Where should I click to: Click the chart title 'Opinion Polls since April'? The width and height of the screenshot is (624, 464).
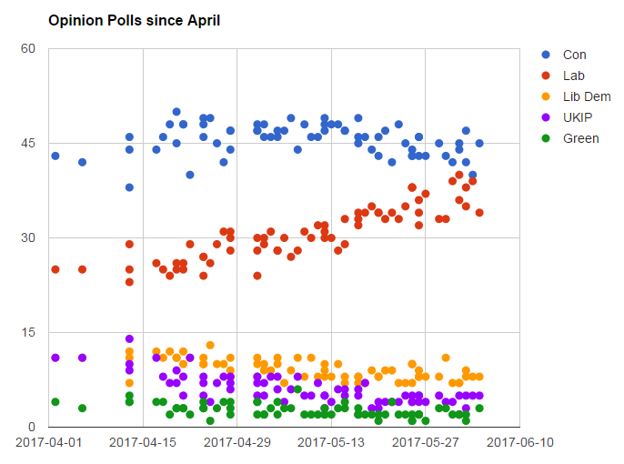[x=134, y=20]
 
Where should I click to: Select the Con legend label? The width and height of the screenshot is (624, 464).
[x=574, y=55]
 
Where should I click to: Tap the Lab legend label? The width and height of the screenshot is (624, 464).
[x=574, y=76]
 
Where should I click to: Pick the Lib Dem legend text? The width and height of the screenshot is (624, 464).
[x=587, y=96]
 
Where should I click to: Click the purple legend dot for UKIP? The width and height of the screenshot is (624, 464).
[x=546, y=118]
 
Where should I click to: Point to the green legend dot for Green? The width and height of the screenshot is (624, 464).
[x=546, y=138]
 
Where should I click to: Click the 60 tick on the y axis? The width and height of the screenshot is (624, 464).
[x=27, y=48]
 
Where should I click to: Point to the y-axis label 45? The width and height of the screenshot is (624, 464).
[x=27, y=143]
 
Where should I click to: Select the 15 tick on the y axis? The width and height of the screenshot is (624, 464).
[x=27, y=332]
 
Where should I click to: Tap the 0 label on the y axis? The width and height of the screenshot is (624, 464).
[x=31, y=427]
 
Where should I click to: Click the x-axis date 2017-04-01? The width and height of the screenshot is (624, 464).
[x=49, y=442]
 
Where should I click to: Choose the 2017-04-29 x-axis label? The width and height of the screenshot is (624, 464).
[x=237, y=442]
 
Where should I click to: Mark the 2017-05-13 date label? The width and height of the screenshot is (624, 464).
[x=331, y=442]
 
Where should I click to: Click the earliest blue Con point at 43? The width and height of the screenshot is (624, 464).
[x=55, y=156]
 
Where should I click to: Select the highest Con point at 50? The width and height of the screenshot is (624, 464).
[x=176, y=112]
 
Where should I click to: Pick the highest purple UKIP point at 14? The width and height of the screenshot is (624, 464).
[x=129, y=339]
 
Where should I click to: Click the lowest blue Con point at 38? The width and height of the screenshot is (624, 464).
[x=129, y=187]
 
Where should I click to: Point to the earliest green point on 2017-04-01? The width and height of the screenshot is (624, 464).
[x=55, y=401]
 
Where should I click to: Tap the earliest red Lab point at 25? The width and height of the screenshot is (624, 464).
[x=55, y=269]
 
